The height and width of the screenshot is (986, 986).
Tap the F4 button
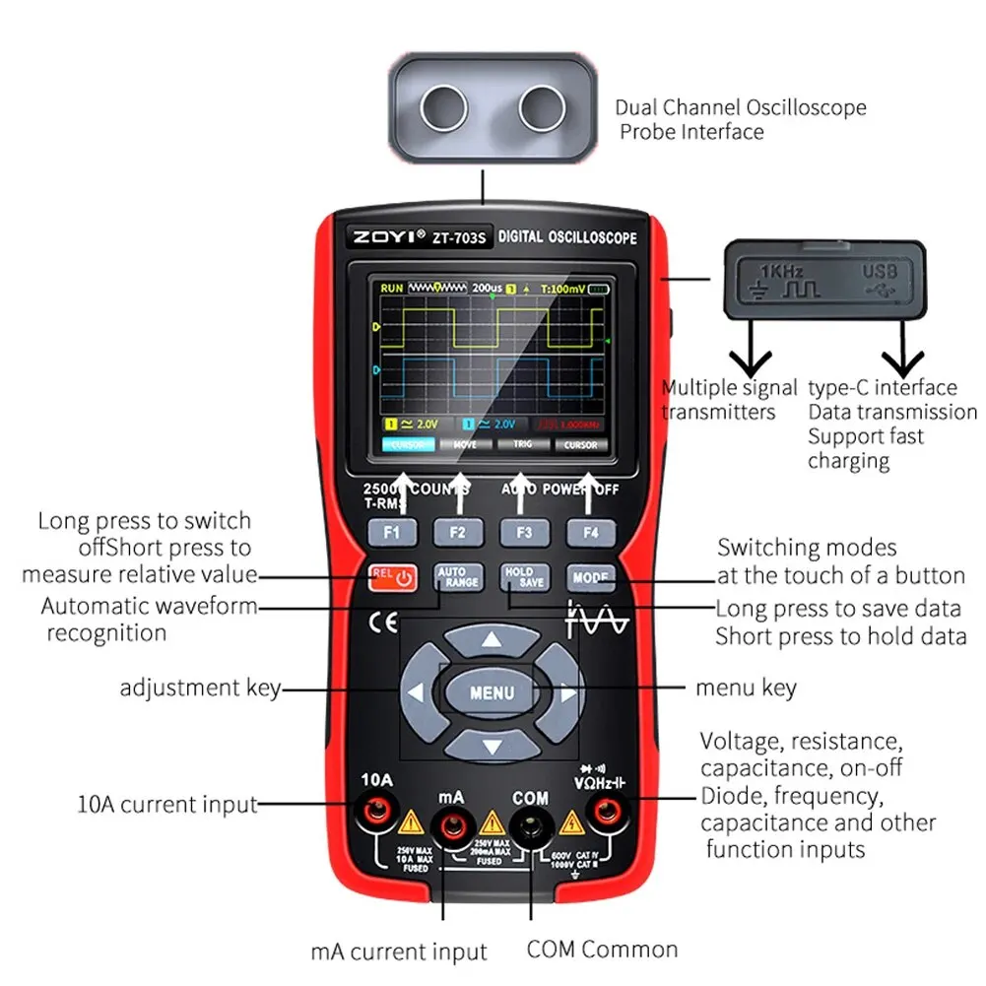click(x=589, y=534)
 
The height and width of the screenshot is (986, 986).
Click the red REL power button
click(x=392, y=577)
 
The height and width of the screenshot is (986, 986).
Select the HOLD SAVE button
click(x=524, y=577)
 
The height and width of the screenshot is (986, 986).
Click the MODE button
click(x=590, y=577)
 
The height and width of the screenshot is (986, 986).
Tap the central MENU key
click(x=492, y=691)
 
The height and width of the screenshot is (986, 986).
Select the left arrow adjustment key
click(x=418, y=692)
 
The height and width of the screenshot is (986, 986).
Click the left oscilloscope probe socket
click(x=443, y=106)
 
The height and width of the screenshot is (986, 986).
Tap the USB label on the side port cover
click(x=880, y=270)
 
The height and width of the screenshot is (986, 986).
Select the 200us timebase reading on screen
click(x=487, y=288)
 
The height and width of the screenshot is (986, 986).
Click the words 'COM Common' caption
click(x=602, y=950)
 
